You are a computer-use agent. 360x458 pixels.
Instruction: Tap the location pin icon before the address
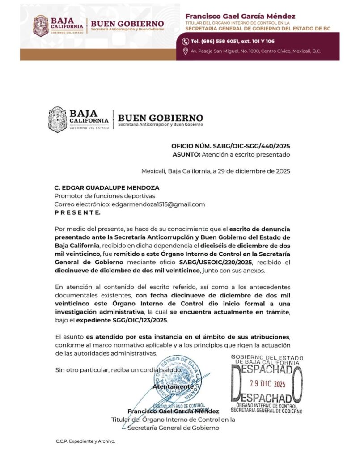(186, 51)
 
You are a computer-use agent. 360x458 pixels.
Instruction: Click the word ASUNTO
(185, 155)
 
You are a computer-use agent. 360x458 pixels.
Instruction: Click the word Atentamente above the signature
(174, 386)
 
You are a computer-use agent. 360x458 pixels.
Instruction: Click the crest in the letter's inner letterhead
(57, 119)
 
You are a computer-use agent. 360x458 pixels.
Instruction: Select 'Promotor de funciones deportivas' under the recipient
(105, 195)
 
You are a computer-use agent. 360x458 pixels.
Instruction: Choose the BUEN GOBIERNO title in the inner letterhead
(160, 118)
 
